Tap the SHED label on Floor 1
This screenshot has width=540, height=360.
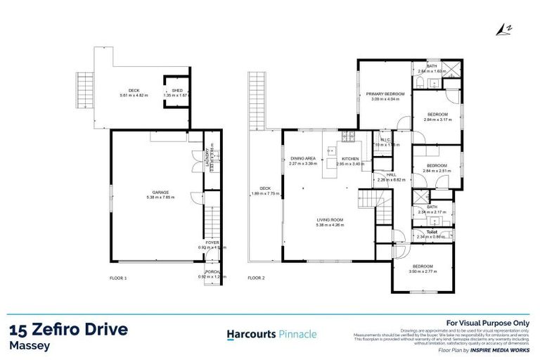[x=177, y=91]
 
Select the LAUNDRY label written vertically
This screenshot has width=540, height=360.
[x=206, y=159]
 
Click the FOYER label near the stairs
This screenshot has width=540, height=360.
[x=212, y=243]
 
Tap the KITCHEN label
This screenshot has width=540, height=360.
[x=350, y=159]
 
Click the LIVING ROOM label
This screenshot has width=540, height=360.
[x=330, y=221]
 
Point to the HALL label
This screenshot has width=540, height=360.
[x=382, y=175]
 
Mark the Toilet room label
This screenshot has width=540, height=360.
[x=432, y=231]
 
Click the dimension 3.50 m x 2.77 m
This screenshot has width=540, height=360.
[x=423, y=271]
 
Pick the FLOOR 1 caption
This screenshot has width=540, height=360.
[x=118, y=278]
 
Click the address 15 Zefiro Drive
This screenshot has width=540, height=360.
[x=69, y=330]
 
